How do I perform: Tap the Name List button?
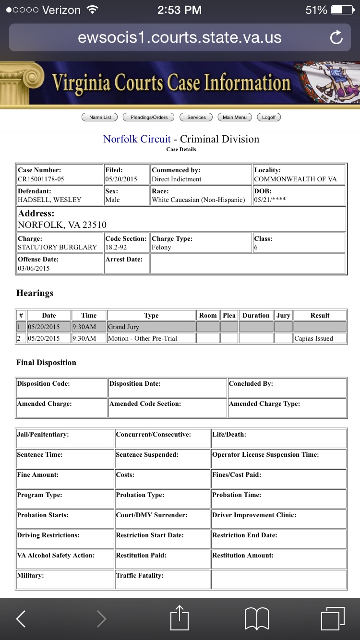coord(100,117)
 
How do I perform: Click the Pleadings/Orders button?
coord(149,117)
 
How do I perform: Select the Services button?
coord(196,117)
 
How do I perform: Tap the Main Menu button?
coord(235,117)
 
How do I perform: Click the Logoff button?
coord(269,117)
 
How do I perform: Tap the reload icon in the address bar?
coord(336,37)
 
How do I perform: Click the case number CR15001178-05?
coord(41,179)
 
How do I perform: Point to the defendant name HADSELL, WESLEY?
coord(49,200)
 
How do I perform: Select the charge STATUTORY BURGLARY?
coord(57,247)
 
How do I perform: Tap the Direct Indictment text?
coord(177,179)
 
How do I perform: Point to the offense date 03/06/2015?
coord(34,268)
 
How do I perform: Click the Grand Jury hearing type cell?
coord(123,327)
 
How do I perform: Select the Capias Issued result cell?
coord(313,338)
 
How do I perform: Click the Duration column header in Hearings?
coord(256,315)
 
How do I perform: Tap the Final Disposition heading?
coord(46,363)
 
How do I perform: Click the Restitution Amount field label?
coord(243,555)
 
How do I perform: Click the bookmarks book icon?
coord(257,618)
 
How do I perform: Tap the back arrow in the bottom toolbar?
coord(21,619)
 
